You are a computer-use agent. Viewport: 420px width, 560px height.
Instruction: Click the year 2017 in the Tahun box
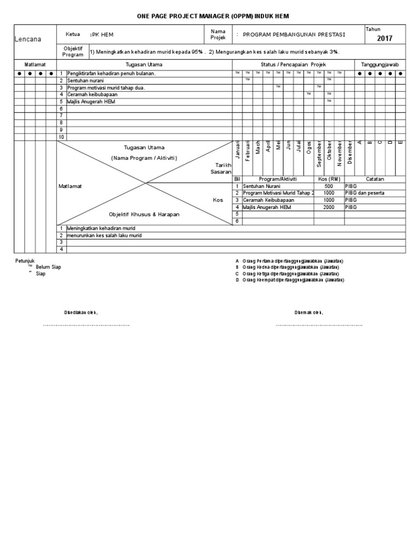pyautogui.click(x=384, y=38)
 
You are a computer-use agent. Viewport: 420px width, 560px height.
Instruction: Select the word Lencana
pyautogui.click(x=27, y=39)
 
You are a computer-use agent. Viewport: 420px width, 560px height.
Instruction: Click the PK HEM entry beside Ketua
pyautogui.click(x=102, y=34)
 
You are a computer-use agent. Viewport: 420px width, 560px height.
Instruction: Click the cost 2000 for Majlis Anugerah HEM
pyautogui.click(x=329, y=207)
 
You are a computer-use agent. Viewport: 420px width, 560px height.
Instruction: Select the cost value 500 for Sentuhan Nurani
pyautogui.click(x=329, y=186)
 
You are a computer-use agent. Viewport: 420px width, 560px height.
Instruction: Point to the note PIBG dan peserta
pyautogui.click(x=365, y=193)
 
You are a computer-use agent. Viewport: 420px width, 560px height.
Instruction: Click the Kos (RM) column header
pyautogui.click(x=329, y=179)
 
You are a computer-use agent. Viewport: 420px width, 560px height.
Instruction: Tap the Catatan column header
pyautogui.click(x=375, y=179)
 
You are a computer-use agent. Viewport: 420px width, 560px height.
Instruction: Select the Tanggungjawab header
pyautogui.click(x=380, y=65)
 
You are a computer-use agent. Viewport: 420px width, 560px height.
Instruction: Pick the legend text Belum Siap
pyautogui.click(x=48, y=267)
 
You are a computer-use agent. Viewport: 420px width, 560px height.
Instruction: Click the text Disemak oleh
pyautogui.click(x=309, y=312)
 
